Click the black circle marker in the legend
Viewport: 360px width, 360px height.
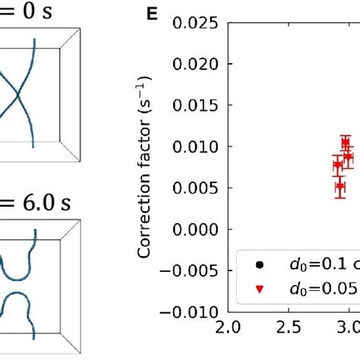261,264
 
